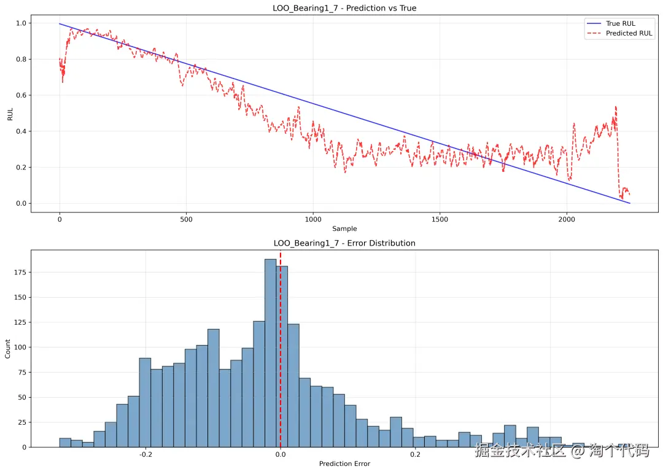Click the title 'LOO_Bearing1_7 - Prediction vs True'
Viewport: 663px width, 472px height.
point(344,8)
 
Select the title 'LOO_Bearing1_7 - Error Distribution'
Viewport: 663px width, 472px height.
point(344,243)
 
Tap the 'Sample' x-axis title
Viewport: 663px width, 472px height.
point(344,229)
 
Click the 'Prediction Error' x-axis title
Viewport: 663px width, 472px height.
point(344,464)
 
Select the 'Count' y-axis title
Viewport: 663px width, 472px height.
point(8,349)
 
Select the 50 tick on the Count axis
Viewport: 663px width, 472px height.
point(21,397)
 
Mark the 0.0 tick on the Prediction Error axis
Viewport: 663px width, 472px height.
point(281,455)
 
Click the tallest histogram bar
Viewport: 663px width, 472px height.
point(270,353)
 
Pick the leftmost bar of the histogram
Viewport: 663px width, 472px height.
point(65,443)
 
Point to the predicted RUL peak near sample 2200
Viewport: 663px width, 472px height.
point(615,107)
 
